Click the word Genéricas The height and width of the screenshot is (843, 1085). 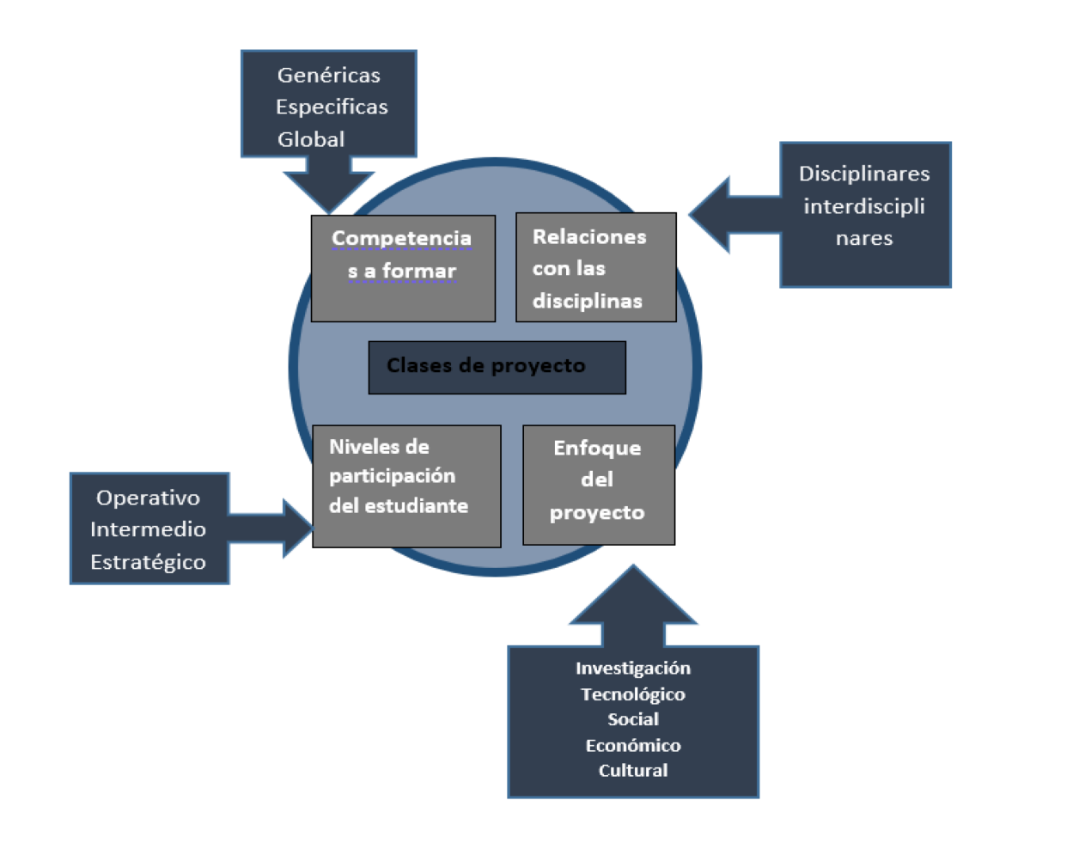(x=328, y=76)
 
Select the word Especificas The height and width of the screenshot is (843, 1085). (x=332, y=107)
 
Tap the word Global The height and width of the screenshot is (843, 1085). (x=310, y=139)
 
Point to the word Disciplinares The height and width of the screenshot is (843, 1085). (x=864, y=174)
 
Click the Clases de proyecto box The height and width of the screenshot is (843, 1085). (x=497, y=367)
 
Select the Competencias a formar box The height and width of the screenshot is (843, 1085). (x=403, y=268)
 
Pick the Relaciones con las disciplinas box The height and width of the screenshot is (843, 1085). (x=595, y=267)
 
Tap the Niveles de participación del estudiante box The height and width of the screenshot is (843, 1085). (x=406, y=486)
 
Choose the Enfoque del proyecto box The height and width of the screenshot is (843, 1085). (x=598, y=485)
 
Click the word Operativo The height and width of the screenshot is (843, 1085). (x=148, y=498)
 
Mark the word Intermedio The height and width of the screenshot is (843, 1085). (x=148, y=529)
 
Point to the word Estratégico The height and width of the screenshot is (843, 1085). (x=148, y=562)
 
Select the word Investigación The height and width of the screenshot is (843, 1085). (x=633, y=669)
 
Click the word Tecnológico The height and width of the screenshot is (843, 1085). (x=633, y=694)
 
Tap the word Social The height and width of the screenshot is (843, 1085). (x=633, y=719)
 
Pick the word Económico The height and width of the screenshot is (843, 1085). (x=633, y=745)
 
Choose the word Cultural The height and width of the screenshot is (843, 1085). (x=633, y=771)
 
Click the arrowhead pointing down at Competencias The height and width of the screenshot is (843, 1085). (x=329, y=191)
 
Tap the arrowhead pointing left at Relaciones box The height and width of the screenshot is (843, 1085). (x=711, y=214)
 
